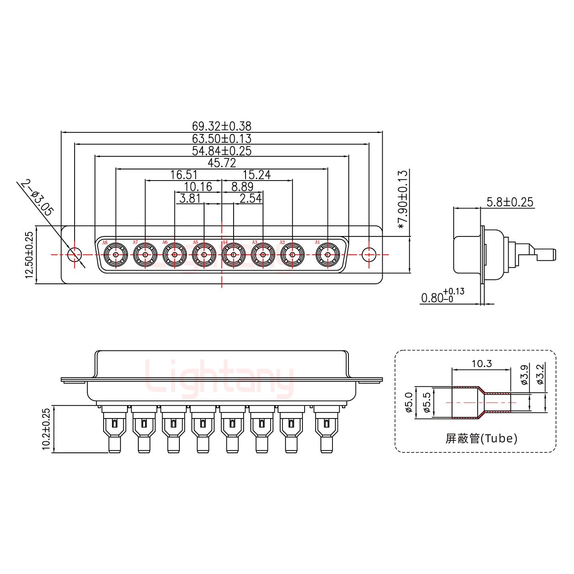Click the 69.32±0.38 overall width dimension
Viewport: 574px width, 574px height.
click(222, 126)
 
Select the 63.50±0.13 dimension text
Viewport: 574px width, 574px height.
click(222, 139)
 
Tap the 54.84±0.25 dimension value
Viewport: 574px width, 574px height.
click(222, 151)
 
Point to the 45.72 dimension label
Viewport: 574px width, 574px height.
click(222, 163)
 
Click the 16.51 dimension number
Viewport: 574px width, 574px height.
click(184, 175)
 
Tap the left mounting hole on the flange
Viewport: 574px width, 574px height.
click(74, 254)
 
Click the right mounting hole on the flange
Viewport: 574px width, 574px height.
click(369, 254)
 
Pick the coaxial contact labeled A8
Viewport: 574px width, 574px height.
click(116, 255)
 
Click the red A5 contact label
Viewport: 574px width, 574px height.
click(195, 242)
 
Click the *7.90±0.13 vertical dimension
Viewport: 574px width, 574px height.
click(403, 199)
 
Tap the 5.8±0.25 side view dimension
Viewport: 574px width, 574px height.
click(509, 202)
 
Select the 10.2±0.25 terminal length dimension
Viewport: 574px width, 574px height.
click(46, 429)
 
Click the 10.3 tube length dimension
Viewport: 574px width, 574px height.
click(482, 363)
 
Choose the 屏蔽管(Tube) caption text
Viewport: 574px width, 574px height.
click(481, 439)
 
